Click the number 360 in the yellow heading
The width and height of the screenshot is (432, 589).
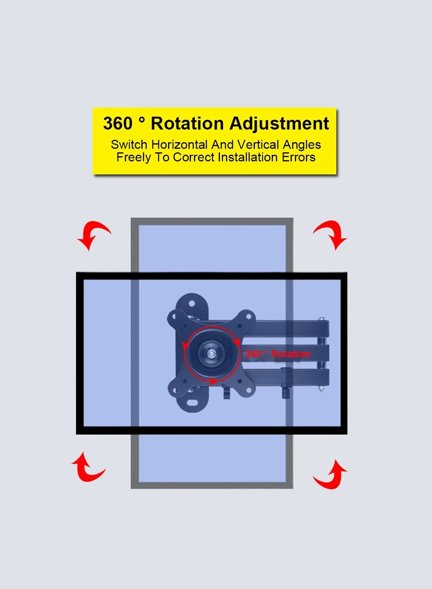(x=118, y=123)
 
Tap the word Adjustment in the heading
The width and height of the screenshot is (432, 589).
(x=279, y=124)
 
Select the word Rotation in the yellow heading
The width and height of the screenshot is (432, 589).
(x=187, y=123)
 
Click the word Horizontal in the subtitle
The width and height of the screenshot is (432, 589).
(x=179, y=145)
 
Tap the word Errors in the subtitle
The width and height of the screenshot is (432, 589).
(x=298, y=157)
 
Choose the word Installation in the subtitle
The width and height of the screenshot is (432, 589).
(x=248, y=157)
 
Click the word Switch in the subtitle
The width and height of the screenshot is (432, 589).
(x=129, y=145)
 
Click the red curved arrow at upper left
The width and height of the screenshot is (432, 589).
(x=93, y=234)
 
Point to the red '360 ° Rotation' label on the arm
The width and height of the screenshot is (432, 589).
(x=277, y=354)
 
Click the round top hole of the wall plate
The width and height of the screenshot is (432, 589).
(x=192, y=304)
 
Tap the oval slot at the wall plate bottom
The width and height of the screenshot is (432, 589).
(x=192, y=403)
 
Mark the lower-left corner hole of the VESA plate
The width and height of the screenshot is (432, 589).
(x=175, y=391)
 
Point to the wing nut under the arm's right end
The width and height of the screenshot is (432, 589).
(x=285, y=391)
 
